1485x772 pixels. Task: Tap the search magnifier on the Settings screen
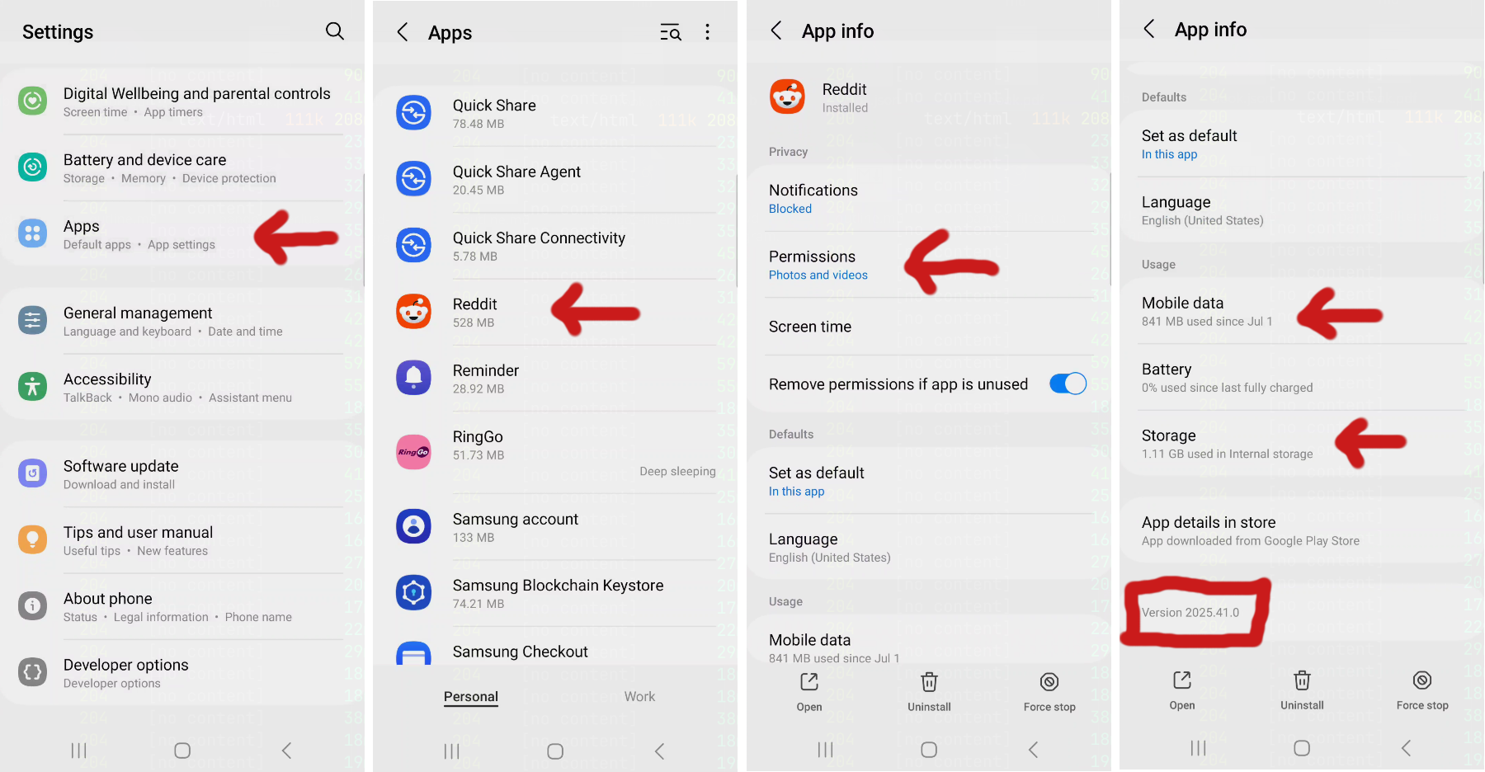point(334,31)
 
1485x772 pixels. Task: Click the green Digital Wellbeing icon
point(33,101)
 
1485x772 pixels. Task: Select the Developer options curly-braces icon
point(33,672)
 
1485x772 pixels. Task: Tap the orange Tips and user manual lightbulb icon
point(33,539)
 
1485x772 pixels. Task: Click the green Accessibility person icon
point(33,386)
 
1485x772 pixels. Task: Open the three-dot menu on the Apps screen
point(707,32)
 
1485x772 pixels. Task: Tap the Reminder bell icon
point(413,378)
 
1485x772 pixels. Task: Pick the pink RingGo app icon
point(413,452)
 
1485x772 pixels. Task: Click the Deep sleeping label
point(677,471)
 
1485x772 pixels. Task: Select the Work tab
point(639,697)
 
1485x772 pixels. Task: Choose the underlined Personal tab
point(470,697)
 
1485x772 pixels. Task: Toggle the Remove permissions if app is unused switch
point(1068,384)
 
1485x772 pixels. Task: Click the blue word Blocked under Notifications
point(790,209)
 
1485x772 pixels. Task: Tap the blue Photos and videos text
point(818,275)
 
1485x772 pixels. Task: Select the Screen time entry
point(810,327)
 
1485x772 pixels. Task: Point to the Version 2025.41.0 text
point(1190,613)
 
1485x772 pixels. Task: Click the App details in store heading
point(1209,522)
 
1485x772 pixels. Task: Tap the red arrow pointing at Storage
point(1369,442)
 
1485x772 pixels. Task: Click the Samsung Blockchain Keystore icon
point(413,592)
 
